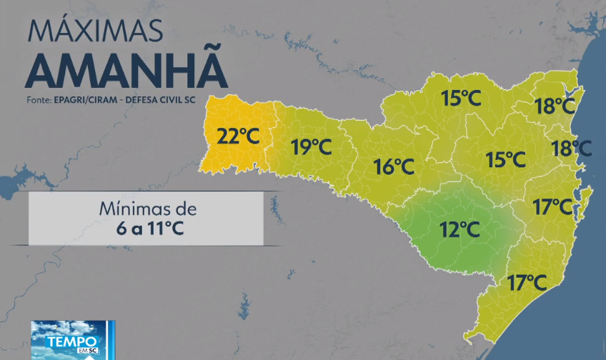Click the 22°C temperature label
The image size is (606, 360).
tap(238, 136)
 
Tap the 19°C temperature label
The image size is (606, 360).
tap(312, 148)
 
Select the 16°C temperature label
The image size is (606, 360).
tap(394, 167)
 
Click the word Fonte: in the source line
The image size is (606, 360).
tap(38, 99)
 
